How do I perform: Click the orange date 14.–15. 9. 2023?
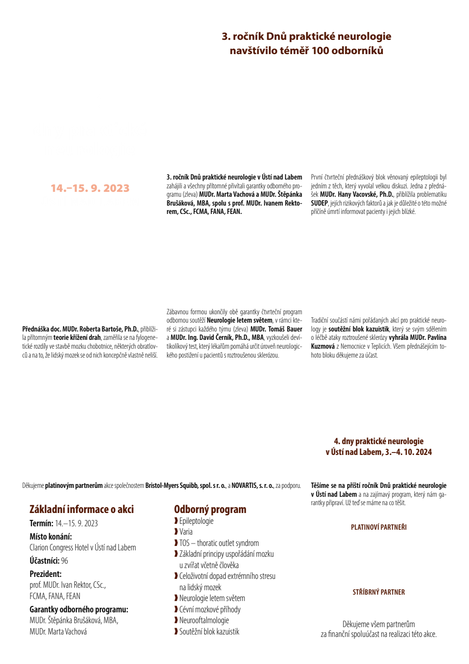tap(90, 188)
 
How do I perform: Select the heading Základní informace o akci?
tap(82, 509)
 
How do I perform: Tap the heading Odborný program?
tap(210, 509)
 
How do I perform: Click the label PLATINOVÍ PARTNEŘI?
tap(379, 527)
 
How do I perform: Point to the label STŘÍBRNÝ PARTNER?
tap(379, 592)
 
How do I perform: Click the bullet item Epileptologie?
tap(196, 521)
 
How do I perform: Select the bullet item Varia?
tap(186, 532)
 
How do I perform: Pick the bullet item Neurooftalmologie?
tap(204, 620)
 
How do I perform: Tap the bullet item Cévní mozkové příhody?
tap(210, 609)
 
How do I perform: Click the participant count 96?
tap(64, 561)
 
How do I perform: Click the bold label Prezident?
tap(45, 574)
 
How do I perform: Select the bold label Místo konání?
tap(50, 537)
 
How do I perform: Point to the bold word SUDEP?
tap(319, 203)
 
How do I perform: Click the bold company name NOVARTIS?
tap(243, 485)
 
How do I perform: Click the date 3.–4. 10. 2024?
tap(408, 452)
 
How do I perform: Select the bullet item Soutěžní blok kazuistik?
tap(209, 632)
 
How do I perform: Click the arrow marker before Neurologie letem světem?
tap(176, 598)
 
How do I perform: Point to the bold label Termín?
tap(41, 523)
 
